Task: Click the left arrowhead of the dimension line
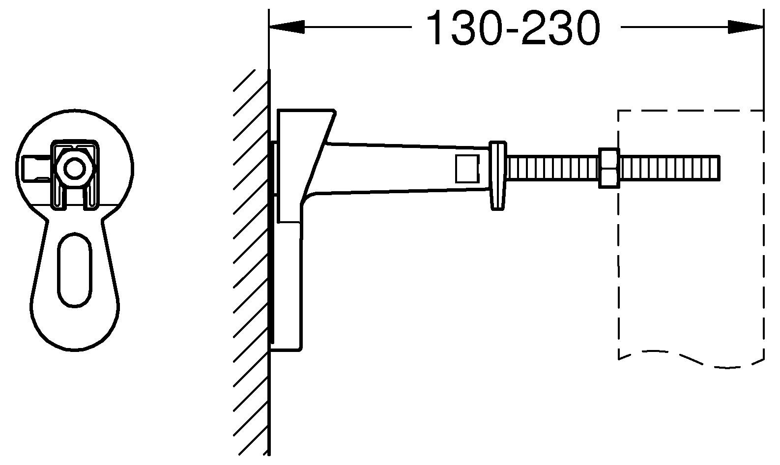coord(288,27)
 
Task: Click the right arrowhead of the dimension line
coord(745,27)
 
